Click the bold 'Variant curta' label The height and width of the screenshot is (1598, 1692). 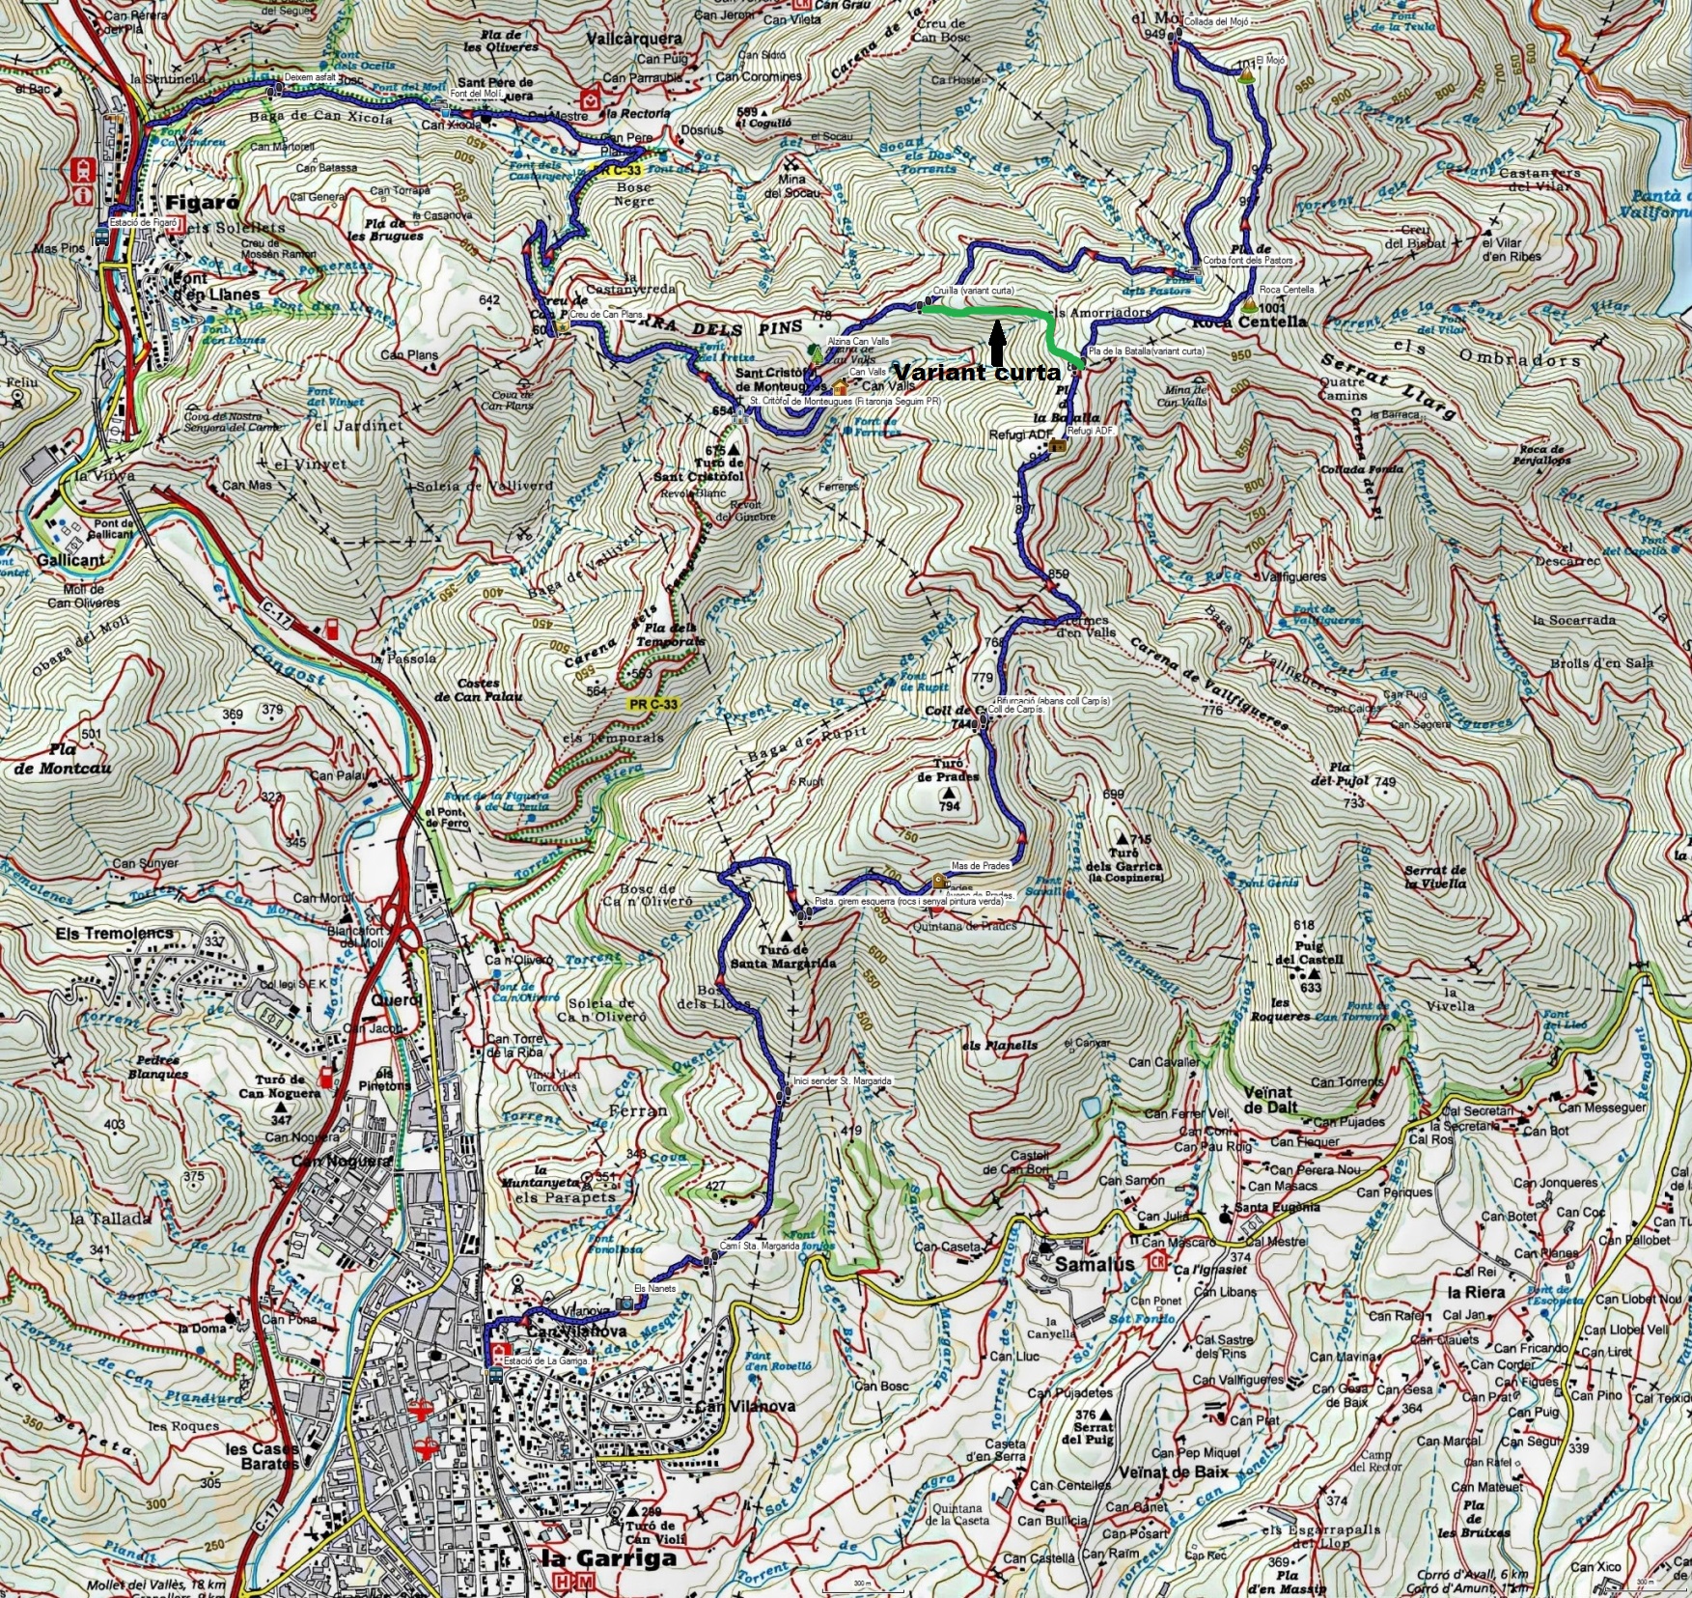point(976,373)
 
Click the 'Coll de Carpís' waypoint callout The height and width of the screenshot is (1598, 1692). point(1015,710)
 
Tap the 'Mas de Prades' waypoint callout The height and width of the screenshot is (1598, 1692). point(981,866)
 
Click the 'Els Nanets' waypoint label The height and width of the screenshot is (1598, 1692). point(655,1288)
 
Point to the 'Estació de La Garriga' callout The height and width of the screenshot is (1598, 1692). point(542,1360)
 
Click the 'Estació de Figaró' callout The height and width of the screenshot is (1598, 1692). point(144,222)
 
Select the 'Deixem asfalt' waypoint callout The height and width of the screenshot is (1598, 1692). point(311,77)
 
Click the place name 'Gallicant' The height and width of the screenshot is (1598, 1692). point(70,560)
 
